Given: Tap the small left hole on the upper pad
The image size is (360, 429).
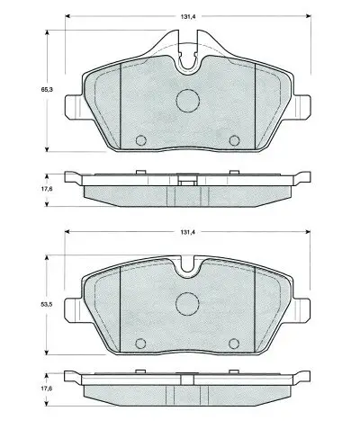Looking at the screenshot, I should click(x=139, y=139).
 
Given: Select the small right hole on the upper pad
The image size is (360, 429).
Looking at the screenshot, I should click(x=236, y=139).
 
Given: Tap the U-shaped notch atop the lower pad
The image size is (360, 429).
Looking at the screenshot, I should click(x=187, y=266).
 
